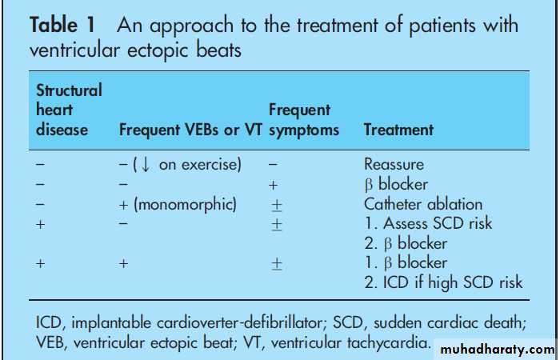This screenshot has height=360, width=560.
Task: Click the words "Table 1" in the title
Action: (62, 26)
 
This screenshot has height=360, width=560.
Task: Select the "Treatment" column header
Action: (398, 130)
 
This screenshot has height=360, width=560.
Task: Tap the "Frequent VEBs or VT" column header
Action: (190, 130)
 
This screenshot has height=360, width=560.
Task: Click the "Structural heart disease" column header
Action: (69, 110)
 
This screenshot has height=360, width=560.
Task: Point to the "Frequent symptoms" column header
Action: (304, 120)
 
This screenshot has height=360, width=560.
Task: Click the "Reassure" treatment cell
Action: (394, 164)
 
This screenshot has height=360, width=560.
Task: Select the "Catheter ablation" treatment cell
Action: (423, 204)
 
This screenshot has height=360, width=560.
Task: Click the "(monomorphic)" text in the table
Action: (185, 205)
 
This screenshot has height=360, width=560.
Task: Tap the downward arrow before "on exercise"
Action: (146, 165)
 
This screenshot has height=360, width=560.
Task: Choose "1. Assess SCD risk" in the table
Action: (428, 223)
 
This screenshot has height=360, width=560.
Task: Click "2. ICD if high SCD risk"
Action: (443, 282)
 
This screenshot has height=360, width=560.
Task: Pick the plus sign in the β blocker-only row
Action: (273, 185)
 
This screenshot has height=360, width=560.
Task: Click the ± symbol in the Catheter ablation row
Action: (277, 206)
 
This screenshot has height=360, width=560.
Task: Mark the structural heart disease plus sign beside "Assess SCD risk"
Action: (40, 224)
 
